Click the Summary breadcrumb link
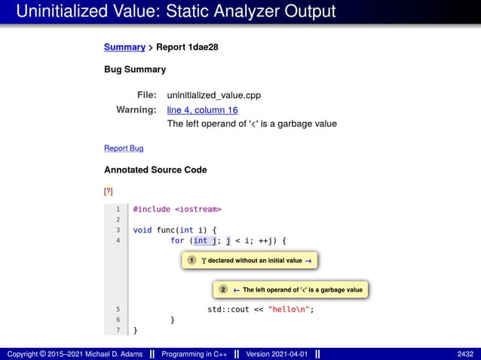click(124, 47)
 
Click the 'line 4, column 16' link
click(202, 110)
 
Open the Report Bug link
click(124, 148)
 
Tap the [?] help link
click(109, 191)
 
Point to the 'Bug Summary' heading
click(135, 70)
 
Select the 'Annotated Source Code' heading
click(155, 170)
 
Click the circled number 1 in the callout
click(191, 261)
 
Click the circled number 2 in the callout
click(223, 289)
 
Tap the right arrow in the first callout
click(308, 261)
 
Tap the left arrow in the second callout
click(236, 289)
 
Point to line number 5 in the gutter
click(118, 309)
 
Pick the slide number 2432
click(465, 354)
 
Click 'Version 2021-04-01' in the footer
click(277, 354)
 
